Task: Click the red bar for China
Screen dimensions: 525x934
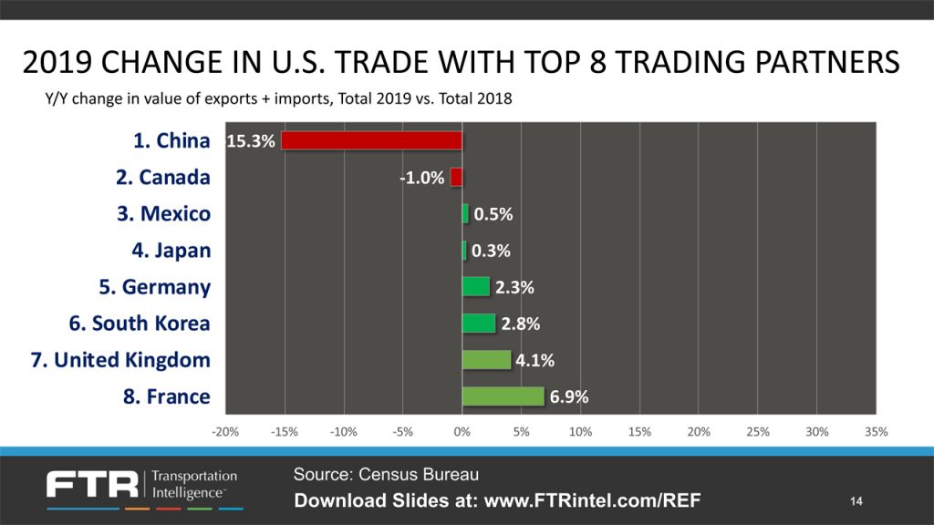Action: tap(372, 140)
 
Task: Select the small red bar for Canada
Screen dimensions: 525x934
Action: tap(456, 177)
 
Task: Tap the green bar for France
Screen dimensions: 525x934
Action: tap(503, 396)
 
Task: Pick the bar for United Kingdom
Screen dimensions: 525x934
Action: tap(486, 359)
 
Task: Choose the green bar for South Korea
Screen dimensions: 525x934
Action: tap(478, 323)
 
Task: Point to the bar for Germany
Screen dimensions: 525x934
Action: tap(475, 286)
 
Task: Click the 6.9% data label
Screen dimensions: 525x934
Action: tap(569, 396)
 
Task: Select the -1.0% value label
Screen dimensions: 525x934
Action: tap(422, 178)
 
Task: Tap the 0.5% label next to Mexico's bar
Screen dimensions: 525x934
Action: tap(493, 214)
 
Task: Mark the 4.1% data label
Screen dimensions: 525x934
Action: tap(534, 360)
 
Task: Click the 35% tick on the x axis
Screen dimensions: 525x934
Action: tap(876, 431)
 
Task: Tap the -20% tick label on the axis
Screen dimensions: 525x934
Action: tap(225, 431)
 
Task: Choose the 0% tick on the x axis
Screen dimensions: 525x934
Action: tap(462, 431)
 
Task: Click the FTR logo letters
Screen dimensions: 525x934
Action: tap(91, 484)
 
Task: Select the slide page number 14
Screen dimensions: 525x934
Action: tap(856, 501)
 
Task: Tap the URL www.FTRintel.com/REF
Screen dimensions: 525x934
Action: tap(594, 500)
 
